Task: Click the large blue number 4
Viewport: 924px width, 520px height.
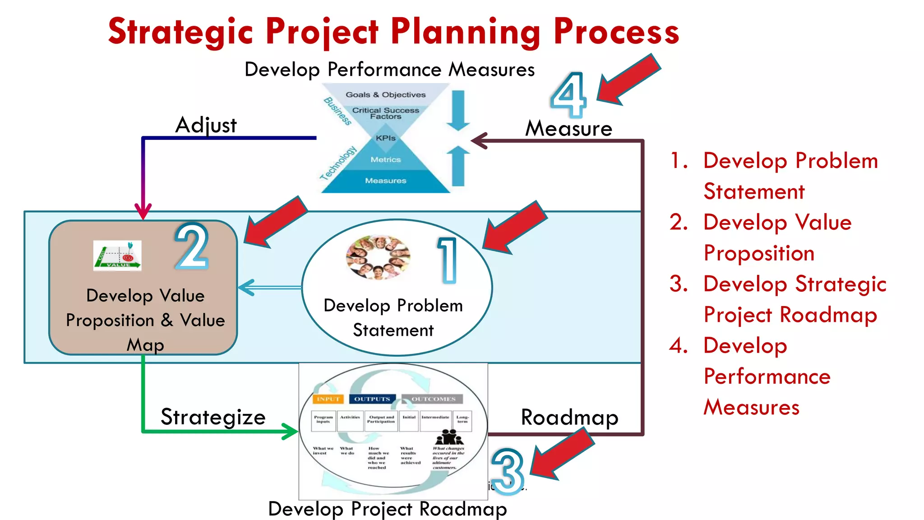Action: tap(568, 96)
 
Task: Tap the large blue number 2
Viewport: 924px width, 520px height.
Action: tap(192, 246)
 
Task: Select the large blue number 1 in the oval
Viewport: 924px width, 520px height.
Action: tap(448, 260)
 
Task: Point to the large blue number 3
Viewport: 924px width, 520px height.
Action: tap(508, 471)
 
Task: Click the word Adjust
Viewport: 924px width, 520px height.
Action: tap(206, 125)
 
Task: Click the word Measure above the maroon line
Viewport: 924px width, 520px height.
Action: tap(568, 129)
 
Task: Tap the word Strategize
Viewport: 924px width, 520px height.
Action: tap(213, 417)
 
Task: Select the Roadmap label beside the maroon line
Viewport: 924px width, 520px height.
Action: tap(569, 418)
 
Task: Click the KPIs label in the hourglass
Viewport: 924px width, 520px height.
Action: tap(386, 138)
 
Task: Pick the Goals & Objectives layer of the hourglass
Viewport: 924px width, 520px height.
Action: tap(386, 95)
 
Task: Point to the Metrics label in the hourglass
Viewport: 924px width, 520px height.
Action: tap(386, 160)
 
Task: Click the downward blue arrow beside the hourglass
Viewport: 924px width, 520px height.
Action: tap(458, 110)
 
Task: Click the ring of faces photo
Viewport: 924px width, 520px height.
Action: tap(378, 257)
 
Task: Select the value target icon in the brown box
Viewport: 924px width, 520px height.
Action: tap(117, 255)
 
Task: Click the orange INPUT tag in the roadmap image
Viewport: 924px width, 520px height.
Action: tap(328, 399)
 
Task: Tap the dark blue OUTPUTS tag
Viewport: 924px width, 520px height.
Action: tap(372, 399)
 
